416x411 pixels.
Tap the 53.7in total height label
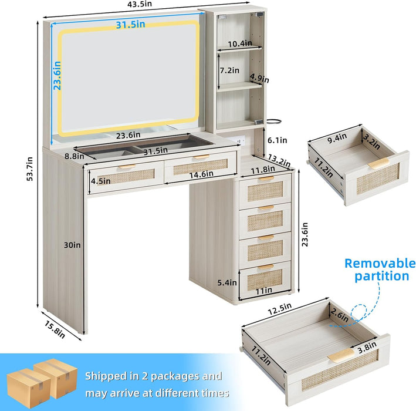(30, 169)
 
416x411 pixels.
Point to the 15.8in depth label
(55, 329)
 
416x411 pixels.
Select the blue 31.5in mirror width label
(130, 25)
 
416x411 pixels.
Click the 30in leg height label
(72, 245)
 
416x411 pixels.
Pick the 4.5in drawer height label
(101, 181)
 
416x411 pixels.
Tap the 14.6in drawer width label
(201, 174)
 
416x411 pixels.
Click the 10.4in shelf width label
(240, 43)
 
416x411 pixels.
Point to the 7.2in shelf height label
(229, 70)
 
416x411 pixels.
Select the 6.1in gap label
(278, 140)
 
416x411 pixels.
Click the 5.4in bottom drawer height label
(227, 282)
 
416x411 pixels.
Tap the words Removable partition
(380, 269)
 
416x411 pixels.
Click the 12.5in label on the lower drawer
(280, 309)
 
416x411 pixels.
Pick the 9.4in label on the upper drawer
(337, 138)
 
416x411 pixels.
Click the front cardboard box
(29, 388)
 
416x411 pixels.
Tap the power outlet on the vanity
(241, 140)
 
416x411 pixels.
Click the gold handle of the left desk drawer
(127, 167)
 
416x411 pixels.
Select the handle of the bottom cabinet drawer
(266, 267)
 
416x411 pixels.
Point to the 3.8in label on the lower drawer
(367, 348)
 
